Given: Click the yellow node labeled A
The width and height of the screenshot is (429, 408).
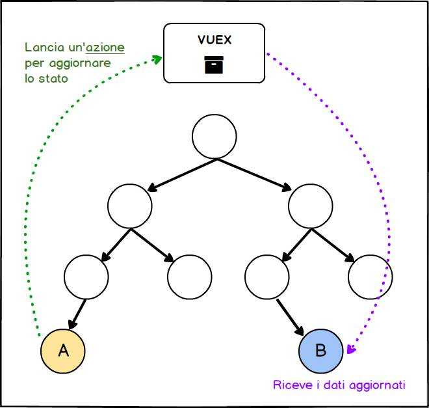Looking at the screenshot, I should (63, 351).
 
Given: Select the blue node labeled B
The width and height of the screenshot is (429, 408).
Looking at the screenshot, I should (321, 351).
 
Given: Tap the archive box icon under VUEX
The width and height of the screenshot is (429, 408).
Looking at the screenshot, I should (214, 65).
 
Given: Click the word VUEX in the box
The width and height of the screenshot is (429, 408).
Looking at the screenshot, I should (214, 40).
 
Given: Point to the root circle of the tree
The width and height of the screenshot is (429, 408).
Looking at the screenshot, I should (214, 136).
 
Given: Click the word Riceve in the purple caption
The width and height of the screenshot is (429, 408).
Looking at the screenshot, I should (289, 385).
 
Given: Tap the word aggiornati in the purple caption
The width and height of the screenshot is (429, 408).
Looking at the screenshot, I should (378, 385).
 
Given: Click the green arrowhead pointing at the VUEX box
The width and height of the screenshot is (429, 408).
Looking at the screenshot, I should (157, 59).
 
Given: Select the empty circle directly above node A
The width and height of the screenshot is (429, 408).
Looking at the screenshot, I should (86, 277).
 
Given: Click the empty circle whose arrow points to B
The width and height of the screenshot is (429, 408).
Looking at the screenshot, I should (268, 277).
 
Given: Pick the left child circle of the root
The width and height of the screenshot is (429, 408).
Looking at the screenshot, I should (130, 206).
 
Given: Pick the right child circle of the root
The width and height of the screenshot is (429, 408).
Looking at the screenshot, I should (310, 206).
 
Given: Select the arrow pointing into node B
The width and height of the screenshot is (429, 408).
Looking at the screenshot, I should (291, 317).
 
